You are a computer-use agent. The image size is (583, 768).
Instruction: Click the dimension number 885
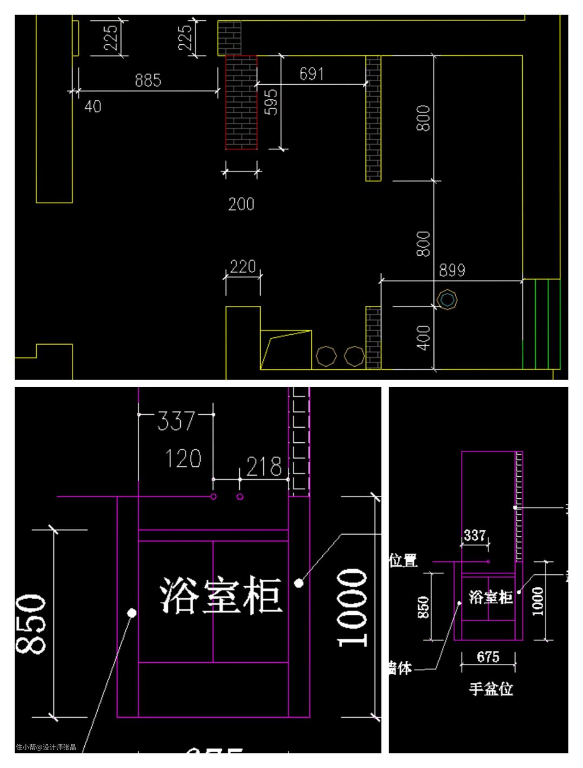[x=148, y=80]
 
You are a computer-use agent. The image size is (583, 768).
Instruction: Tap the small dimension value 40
[x=92, y=106]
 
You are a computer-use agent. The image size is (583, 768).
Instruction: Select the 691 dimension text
[x=311, y=74]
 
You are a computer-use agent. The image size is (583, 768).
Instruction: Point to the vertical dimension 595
[x=272, y=102]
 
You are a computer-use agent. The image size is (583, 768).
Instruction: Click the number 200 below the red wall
[x=241, y=204]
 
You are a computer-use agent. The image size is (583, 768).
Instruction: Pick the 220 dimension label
[x=243, y=266]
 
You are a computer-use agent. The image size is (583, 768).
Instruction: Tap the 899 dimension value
[x=452, y=270]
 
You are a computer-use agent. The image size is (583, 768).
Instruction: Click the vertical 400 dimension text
[x=424, y=338]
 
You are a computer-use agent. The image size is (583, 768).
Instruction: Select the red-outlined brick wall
[x=241, y=102]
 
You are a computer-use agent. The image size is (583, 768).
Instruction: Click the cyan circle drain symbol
[x=447, y=299]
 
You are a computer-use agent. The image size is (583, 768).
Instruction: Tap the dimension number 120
[x=183, y=459]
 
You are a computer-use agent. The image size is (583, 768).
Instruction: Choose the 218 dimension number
[x=264, y=467]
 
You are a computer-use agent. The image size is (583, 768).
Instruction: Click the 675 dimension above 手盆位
[x=488, y=657]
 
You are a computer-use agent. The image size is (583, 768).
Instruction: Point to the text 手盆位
[x=491, y=689]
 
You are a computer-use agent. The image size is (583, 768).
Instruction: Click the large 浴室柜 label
[x=221, y=595]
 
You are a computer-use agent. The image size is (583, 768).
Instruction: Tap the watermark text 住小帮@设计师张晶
[x=46, y=748]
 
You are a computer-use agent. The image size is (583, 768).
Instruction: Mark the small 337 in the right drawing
[x=474, y=535]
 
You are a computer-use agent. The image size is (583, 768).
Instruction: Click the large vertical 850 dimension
[x=30, y=624]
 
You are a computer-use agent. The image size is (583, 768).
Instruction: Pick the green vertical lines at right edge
[x=541, y=324]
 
